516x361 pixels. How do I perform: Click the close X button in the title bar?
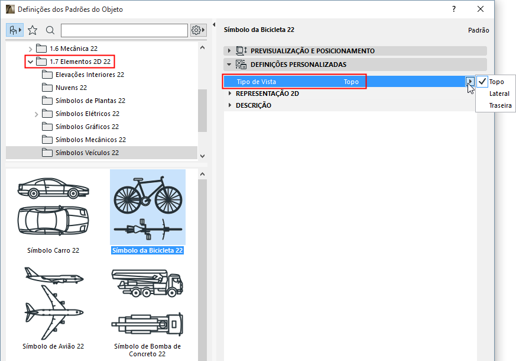481,9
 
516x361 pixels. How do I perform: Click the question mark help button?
454,9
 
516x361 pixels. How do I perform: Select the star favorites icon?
33,30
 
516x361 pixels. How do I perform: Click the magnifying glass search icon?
50,30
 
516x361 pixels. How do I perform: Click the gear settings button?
198,30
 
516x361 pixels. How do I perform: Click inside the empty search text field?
124,30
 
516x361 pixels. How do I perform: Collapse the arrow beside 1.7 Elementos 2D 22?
31,62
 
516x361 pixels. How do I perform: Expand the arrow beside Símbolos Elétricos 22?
36,114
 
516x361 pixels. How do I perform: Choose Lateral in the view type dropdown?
499,94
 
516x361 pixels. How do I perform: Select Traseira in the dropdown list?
500,105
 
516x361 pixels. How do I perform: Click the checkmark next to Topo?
482,81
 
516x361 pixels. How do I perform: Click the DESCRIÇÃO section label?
254,105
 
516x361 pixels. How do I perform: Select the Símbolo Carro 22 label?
53,250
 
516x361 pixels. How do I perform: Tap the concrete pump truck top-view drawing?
147,324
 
